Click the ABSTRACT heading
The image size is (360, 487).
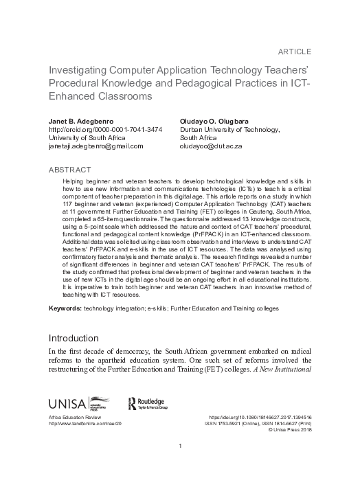(x=72, y=168)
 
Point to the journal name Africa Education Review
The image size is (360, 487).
(x=74, y=418)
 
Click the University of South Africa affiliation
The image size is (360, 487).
(x=87, y=137)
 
